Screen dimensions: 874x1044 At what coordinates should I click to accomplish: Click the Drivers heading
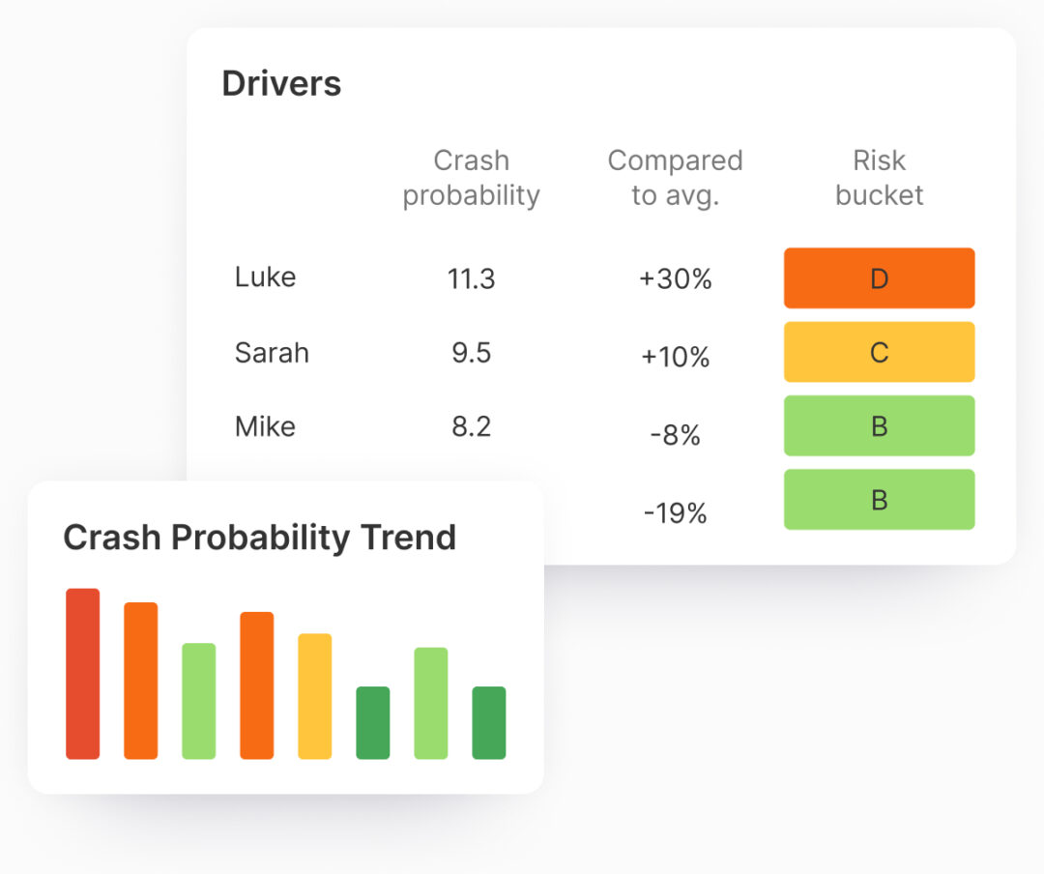281,84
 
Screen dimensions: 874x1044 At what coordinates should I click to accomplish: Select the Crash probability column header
471,178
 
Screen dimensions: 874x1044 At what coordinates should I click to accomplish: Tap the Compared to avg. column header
675,178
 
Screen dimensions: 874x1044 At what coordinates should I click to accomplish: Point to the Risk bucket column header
879,178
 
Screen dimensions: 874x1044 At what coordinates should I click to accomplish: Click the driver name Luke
265,277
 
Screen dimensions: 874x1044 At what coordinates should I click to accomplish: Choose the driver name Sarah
272,353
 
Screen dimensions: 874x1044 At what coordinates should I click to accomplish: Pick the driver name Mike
265,426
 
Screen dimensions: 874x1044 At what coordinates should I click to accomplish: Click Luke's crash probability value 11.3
471,279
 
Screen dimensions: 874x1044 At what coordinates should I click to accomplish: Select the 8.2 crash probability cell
471,426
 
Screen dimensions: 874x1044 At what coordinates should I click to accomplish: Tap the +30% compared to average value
675,280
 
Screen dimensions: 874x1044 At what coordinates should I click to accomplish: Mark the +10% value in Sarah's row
675,358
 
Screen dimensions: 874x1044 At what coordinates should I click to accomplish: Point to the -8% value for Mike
675,436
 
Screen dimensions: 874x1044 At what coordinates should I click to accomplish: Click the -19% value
675,512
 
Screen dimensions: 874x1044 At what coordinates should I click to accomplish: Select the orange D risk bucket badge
879,278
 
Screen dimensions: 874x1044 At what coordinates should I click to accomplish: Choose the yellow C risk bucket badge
879,352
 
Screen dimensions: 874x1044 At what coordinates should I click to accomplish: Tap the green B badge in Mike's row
879,425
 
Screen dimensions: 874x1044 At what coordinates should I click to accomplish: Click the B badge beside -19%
879,500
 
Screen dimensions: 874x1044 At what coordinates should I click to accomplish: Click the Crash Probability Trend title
259,538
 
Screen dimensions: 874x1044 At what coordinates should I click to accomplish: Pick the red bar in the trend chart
83,674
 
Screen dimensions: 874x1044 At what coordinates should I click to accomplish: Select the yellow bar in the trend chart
315,696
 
